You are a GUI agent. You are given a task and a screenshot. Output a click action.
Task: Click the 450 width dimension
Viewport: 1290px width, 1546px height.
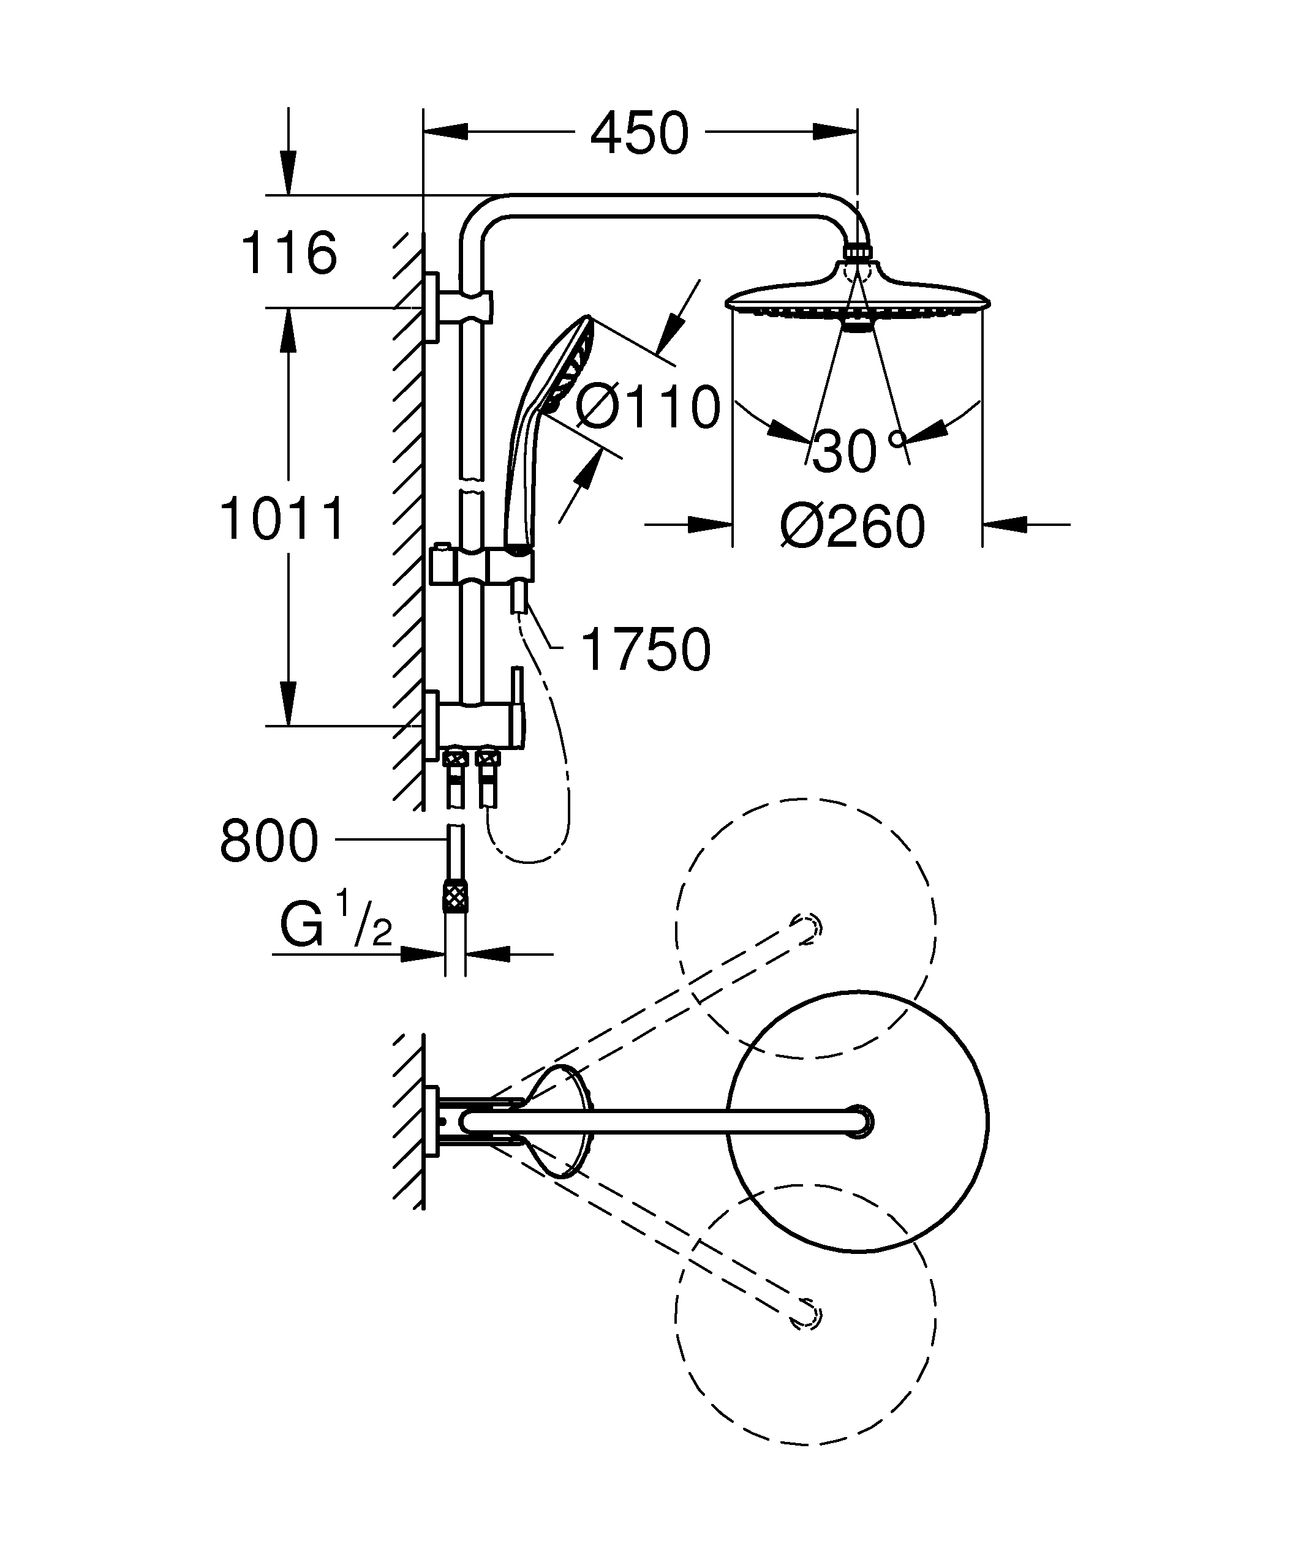click(639, 134)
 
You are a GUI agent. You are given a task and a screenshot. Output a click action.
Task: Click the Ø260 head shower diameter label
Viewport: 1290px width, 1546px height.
click(853, 527)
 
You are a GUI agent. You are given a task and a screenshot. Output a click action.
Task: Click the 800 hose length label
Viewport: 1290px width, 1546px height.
click(269, 841)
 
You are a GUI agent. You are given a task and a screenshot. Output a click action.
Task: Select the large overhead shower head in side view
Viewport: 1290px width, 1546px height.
click(858, 298)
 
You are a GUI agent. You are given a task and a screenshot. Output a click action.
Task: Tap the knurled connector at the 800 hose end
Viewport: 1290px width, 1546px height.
click(455, 898)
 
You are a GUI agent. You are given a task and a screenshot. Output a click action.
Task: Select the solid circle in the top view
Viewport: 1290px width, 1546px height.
click(858, 1124)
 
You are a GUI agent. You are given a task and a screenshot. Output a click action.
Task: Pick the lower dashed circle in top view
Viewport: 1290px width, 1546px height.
click(805, 1315)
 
